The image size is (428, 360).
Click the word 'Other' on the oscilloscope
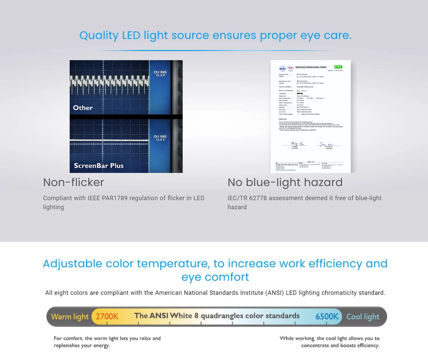pos(83,108)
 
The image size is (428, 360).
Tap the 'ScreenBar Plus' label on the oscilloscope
pos(99,165)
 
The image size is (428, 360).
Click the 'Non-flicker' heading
pos(74,183)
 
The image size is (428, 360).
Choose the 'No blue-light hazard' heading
pos(285,183)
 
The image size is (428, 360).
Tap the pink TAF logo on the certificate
pos(290,68)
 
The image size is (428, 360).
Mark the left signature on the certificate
pos(299,144)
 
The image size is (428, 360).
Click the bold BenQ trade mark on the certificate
pos(299,93)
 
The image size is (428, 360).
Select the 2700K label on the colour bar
pos(107,317)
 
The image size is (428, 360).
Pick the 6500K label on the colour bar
pos(327,317)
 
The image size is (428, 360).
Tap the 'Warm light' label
pos(70,317)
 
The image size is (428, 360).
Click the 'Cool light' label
pos(363,317)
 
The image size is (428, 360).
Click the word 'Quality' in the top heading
pos(99,35)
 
